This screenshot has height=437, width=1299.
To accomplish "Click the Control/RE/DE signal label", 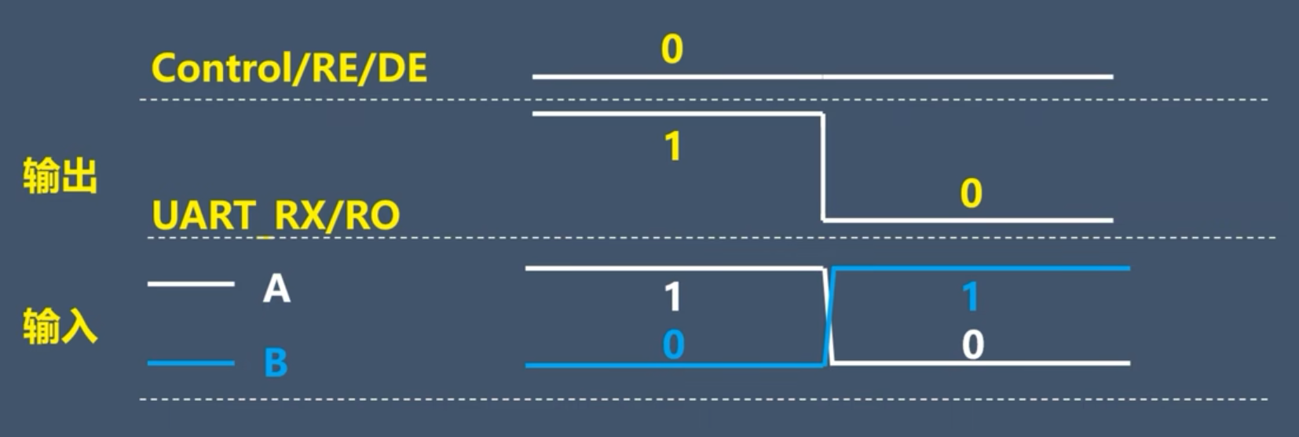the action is pos(289,68).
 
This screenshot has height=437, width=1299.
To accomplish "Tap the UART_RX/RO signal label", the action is pos(276,215).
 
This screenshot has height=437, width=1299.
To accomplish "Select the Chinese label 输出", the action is pos(60,176).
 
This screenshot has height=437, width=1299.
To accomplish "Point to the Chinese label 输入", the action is pos(60,326).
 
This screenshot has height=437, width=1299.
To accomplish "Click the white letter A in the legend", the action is pos(276,289).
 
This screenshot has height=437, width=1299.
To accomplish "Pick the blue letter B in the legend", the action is pos(276,363).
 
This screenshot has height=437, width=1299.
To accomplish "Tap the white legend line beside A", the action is pos(191,283).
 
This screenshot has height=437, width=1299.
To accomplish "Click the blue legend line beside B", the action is pos(191,363).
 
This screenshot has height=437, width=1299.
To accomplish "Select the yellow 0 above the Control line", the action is pos(672,49).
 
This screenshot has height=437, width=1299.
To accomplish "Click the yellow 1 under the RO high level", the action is pos(673,147).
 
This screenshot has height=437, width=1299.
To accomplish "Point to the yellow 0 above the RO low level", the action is pos(972,193).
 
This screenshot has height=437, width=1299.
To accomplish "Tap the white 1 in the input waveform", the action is pos(673,297).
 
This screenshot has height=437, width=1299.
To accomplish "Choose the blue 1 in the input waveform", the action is pos(972,297).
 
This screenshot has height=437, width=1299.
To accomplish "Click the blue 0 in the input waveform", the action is pos(673,344).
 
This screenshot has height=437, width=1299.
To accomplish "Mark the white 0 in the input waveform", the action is pos(972,344).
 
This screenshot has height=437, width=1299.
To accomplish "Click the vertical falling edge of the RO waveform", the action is pos(822,166).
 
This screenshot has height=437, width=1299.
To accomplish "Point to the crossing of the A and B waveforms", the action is pos(828,316).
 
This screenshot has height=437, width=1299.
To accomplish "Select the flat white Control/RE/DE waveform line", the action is pos(822,77).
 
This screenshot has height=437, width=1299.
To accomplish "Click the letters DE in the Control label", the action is pos(403,68).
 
